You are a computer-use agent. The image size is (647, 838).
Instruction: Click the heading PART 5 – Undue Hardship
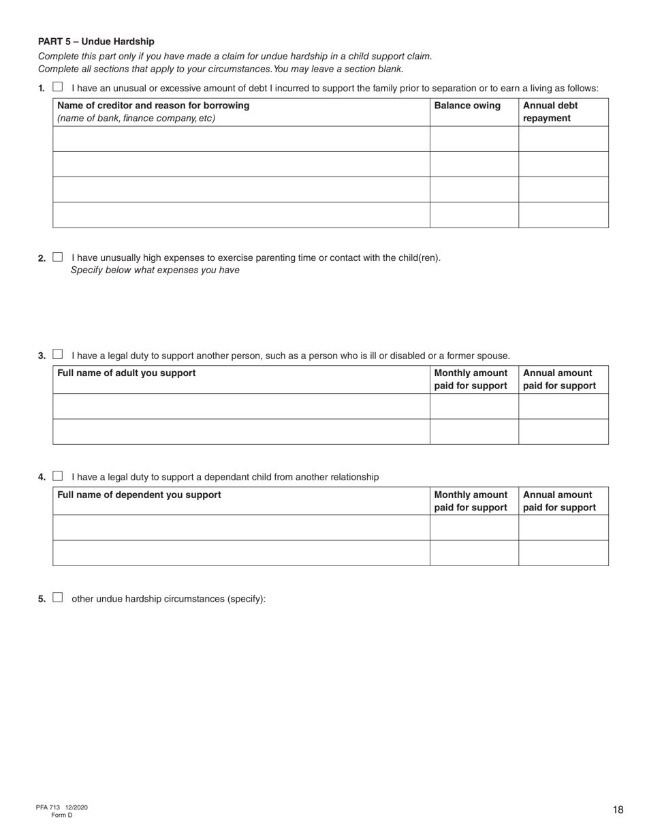[96, 42]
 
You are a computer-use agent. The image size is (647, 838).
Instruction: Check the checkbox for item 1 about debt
[58, 87]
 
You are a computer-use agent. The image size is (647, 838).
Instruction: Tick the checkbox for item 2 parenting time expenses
[58, 258]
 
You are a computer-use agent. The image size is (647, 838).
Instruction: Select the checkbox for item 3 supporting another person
[58, 355]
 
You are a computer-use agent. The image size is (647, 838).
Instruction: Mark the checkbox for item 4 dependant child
[58, 476]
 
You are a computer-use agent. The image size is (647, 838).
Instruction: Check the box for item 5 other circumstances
[58, 598]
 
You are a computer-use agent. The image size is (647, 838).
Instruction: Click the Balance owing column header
[467, 106]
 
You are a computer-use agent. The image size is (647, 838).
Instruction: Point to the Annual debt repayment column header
[550, 112]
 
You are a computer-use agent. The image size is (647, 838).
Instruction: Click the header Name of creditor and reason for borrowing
[153, 106]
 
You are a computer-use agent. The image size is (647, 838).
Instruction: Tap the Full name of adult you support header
[127, 373]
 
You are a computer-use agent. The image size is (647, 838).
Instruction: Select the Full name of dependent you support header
[140, 495]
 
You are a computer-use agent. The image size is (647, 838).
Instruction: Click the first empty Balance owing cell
[474, 139]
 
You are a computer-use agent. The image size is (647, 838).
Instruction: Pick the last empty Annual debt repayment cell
[563, 215]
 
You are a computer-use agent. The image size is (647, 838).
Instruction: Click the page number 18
[618, 809]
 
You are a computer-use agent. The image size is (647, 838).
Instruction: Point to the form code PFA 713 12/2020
[62, 807]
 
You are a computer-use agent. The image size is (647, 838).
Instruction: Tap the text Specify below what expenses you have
[155, 270]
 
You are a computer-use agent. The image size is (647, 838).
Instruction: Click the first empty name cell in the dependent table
[241, 527]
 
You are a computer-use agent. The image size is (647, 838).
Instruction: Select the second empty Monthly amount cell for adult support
[474, 431]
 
